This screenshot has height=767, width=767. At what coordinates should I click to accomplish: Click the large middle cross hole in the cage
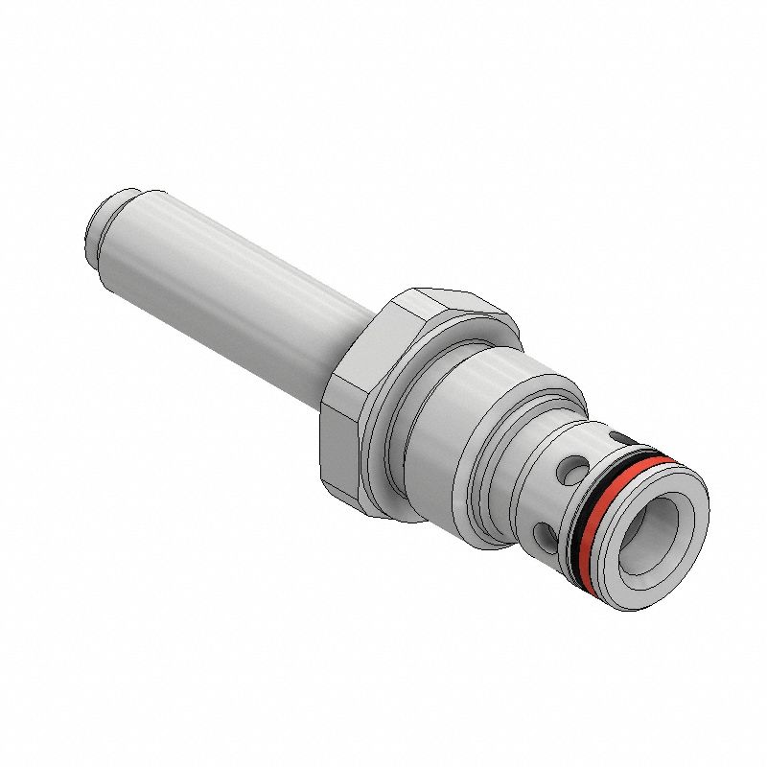pyautogui.click(x=574, y=471)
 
